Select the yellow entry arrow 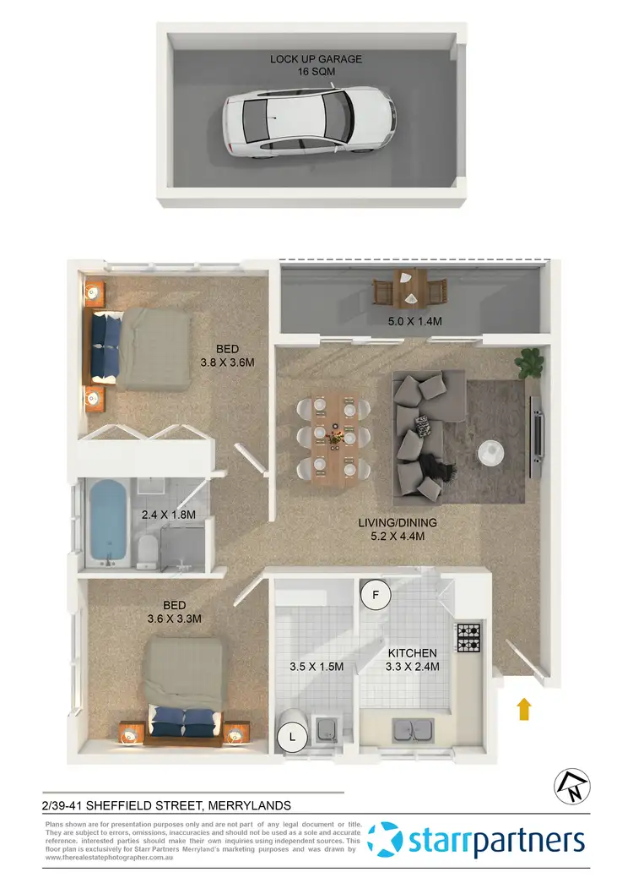(524, 708)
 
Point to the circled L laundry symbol (293, 737)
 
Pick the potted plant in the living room (531, 363)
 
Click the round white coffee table (490, 454)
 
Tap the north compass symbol (567, 788)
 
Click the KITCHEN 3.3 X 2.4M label (412, 660)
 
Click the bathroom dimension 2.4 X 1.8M (169, 515)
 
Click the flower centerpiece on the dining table (337, 437)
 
